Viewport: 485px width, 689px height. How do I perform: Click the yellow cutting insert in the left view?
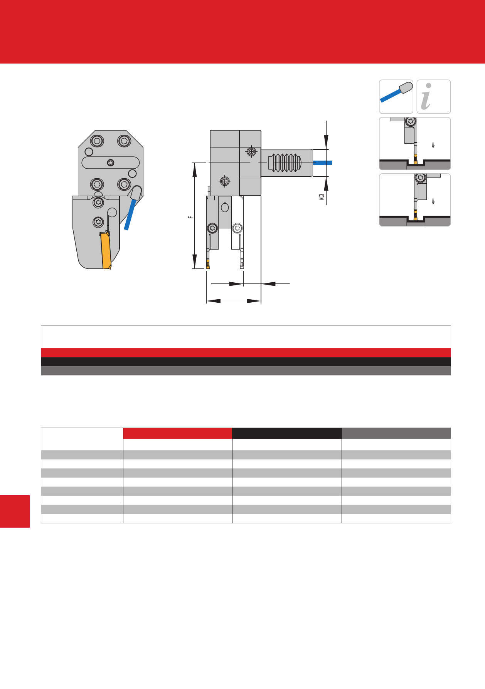pos(106,251)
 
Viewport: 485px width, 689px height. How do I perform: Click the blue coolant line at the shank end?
pos(322,163)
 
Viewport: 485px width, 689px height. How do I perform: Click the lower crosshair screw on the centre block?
pos(225,181)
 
